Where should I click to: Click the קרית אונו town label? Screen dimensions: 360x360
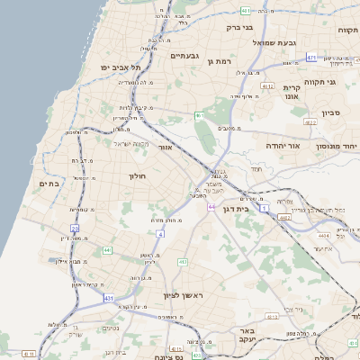(x=296, y=91)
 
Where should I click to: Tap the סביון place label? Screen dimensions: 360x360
(x=331, y=114)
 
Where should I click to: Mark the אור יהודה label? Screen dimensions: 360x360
(x=286, y=144)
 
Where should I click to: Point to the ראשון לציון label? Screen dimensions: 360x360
(x=185, y=296)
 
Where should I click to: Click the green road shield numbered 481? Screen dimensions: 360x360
(x=246, y=11)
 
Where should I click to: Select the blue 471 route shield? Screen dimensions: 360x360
(x=311, y=58)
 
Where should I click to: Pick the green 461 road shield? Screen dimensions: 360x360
(x=198, y=116)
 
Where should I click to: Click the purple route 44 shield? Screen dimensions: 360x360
(x=211, y=207)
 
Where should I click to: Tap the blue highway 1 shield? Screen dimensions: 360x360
(x=265, y=208)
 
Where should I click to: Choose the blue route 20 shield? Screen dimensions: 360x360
(x=75, y=229)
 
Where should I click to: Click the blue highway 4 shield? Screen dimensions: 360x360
(x=161, y=234)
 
